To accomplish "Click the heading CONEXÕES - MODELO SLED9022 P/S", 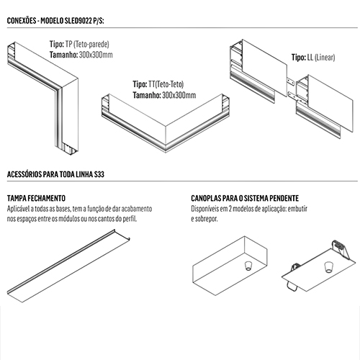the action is click(x=55, y=21).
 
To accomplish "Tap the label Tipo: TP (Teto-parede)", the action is click(x=79, y=44).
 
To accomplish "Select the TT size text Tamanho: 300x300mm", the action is click(x=164, y=95).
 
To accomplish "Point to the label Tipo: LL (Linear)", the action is click(x=313, y=58).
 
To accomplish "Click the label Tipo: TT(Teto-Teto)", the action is click(x=158, y=84).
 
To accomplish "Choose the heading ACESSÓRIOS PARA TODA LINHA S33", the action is click(x=55, y=174).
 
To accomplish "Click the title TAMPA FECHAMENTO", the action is click(x=36, y=198).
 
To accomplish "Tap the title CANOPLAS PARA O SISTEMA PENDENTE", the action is click(x=245, y=198).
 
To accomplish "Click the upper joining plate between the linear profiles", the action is click(x=292, y=81).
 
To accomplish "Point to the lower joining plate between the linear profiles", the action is click(x=292, y=95).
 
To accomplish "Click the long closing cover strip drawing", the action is click(x=68, y=266).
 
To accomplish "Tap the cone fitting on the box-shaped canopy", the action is click(x=248, y=266).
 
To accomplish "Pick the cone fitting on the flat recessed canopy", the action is click(x=328, y=267).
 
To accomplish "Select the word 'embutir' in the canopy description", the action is click(x=297, y=209).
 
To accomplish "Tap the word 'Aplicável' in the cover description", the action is click(x=18, y=209).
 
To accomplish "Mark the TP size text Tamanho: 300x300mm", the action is click(x=81, y=55).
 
